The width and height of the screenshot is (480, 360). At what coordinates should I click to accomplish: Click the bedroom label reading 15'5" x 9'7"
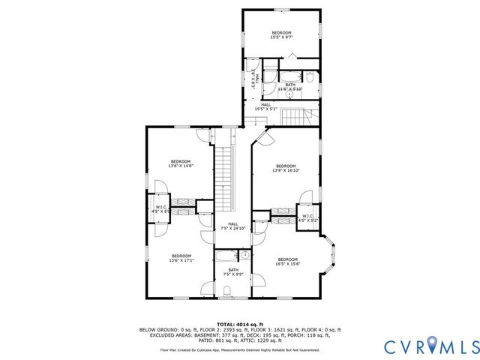click(281, 35)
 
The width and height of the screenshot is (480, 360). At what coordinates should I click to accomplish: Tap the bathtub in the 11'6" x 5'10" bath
click(290, 76)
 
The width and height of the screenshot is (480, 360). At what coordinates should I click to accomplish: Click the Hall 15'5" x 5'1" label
click(265, 106)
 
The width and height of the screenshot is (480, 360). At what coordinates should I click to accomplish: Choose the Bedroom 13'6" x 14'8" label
click(181, 163)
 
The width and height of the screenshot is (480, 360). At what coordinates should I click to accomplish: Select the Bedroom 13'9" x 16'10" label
click(286, 168)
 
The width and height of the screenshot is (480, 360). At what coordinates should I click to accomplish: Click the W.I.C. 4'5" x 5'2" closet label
click(307, 219)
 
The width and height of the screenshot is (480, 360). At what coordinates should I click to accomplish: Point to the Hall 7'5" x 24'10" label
click(232, 226)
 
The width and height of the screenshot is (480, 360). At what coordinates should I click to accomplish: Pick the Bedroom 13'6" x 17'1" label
click(180, 258)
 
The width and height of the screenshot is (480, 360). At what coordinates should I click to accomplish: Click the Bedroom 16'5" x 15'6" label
click(287, 262)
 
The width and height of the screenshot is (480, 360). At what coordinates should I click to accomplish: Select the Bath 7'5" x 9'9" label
click(233, 272)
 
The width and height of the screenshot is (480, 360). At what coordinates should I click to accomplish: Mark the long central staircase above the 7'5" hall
click(224, 175)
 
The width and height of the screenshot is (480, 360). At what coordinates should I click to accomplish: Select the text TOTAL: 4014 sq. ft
click(239, 323)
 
